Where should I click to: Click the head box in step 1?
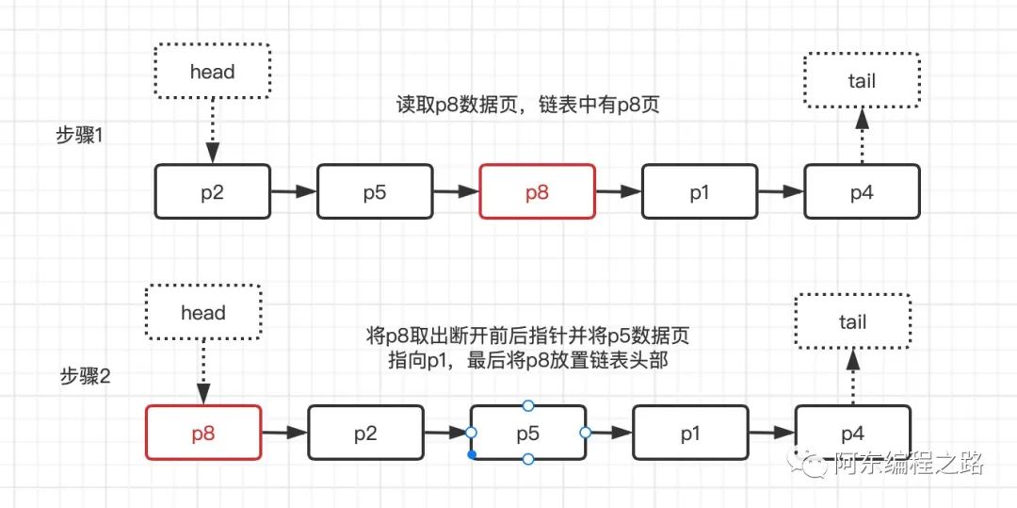[212, 72]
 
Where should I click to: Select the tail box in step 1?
[861, 81]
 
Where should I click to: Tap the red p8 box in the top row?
[537, 192]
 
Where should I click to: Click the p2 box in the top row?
[212, 192]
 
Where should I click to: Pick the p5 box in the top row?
[375, 192]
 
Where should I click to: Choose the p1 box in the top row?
[699, 192]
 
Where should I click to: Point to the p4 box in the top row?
[862, 192]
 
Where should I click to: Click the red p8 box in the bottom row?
[203, 434]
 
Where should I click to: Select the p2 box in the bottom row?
[365, 434]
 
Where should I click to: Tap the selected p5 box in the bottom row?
[527, 434]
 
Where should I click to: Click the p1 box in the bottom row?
[690, 434]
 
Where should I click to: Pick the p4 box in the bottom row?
[852, 434]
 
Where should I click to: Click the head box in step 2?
[202, 313]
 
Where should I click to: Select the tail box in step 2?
[852, 322]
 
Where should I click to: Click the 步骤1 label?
[84, 135]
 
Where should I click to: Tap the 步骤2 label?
[86, 377]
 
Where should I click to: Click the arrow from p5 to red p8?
[456, 192]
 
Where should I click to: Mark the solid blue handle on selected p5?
[471, 455]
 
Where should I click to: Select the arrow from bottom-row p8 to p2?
[283, 434]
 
